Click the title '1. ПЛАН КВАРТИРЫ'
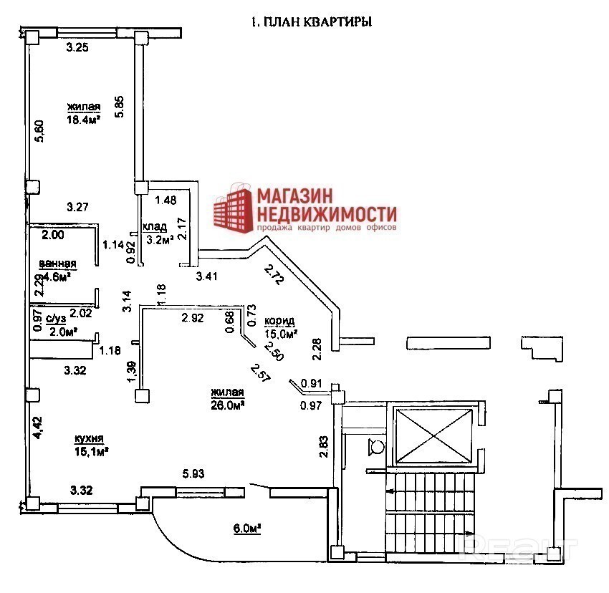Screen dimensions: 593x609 [310, 22]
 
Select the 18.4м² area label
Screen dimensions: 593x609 [83, 120]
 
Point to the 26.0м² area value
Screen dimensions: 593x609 [228, 404]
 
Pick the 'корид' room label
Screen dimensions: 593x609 [279, 320]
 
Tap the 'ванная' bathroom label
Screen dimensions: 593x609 [57, 263]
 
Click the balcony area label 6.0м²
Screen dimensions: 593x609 [245, 529]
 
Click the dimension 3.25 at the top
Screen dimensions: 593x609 [77, 48]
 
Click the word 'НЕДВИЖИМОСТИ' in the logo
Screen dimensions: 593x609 [327, 213]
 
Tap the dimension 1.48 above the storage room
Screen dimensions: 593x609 [166, 200]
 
